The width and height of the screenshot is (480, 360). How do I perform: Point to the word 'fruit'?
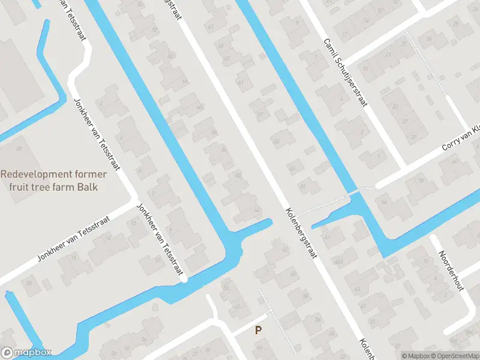20,187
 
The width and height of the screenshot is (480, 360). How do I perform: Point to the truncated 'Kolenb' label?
367,348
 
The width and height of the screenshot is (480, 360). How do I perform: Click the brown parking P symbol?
259,330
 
